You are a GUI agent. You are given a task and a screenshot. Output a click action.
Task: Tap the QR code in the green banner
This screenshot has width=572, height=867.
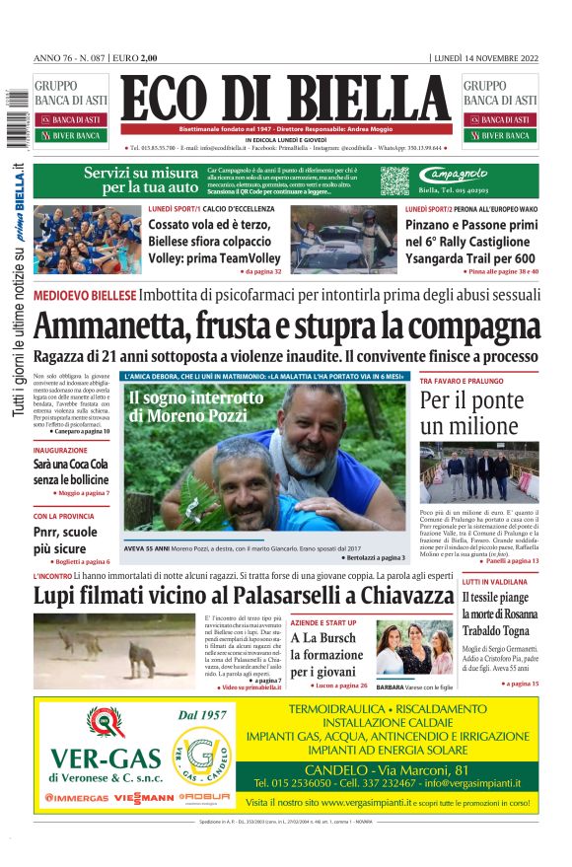[393, 181]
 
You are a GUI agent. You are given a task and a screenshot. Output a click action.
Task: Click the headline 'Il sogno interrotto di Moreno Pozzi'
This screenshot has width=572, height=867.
[187, 407]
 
